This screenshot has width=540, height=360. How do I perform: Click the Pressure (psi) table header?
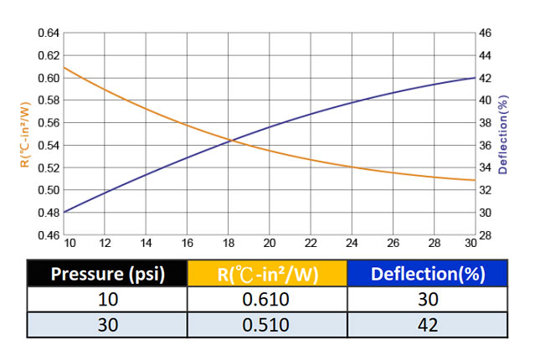tap(106, 274)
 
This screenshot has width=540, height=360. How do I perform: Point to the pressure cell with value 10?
tap(106, 300)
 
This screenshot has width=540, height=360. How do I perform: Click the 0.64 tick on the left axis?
tap(49, 33)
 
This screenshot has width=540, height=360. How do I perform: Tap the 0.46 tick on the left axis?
tap(49, 235)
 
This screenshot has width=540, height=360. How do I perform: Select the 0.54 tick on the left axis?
tap(49, 146)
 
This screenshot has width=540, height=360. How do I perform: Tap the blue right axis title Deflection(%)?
tap(502, 134)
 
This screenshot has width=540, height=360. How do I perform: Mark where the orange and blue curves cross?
tap(230, 140)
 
